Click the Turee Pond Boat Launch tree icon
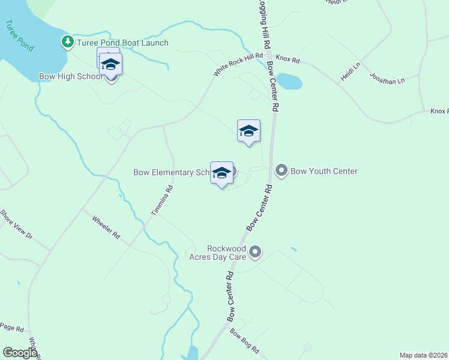click(x=68, y=42)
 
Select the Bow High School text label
click(x=71, y=76)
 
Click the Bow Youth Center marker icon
click(x=281, y=171)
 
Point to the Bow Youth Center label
click(x=324, y=171)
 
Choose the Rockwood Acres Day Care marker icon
click(x=255, y=252)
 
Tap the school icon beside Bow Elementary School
click(x=221, y=173)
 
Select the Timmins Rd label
click(x=161, y=200)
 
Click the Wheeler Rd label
click(x=106, y=226)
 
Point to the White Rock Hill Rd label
click(x=238, y=64)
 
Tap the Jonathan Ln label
click(x=387, y=79)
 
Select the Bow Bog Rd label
click(x=244, y=342)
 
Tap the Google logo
click(x=20, y=352)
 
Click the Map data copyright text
click(x=423, y=355)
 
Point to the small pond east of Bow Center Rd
click(x=289, y=81)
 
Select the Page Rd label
click(x=11, y=328)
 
